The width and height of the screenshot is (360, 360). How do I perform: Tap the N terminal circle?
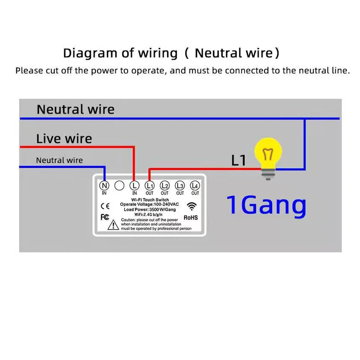pos(104,186)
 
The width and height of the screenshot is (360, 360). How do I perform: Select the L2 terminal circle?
pos(165,186)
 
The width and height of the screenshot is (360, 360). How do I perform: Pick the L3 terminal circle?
pos(180,186)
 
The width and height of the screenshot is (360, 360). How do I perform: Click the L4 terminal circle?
pos(195,186)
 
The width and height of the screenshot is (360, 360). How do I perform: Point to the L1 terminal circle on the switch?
pos(149,186)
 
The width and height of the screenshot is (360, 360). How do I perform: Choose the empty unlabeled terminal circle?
pos(119,186)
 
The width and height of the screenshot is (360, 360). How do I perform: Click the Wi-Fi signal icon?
pos(192,206)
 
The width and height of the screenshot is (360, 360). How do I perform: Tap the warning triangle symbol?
pos(113,225)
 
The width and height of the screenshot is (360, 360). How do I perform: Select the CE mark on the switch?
pos(105,206)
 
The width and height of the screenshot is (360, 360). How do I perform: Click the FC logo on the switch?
pos(104,217)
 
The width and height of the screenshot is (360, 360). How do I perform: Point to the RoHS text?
pos(191,217)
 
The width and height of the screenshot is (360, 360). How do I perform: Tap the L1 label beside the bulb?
pos(238,161)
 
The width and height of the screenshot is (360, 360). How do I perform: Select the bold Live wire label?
pos(64,139)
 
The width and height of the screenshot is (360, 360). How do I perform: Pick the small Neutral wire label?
pos(59,160)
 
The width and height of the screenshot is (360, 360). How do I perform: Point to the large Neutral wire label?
pos(75,109)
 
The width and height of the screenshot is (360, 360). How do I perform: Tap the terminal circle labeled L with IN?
pos(134,186)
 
